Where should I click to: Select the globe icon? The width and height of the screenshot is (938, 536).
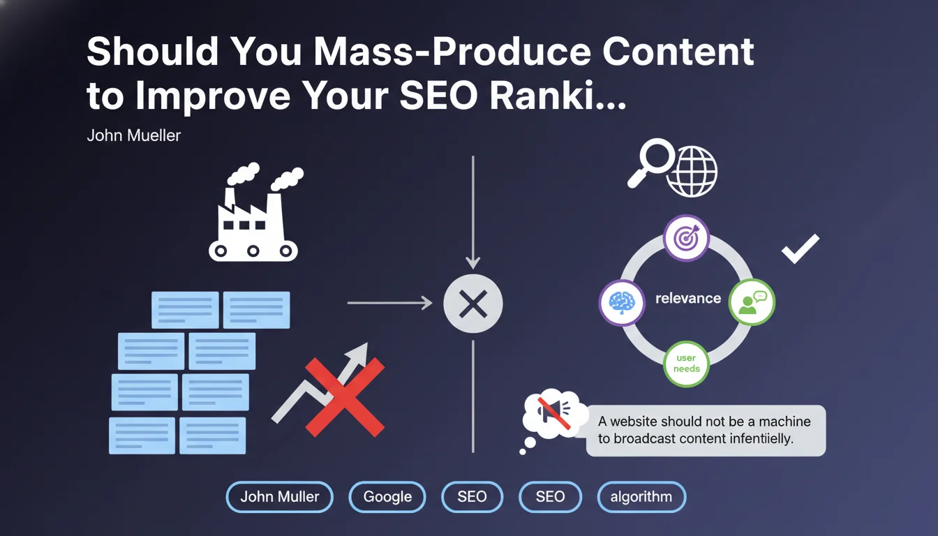click(692, 171)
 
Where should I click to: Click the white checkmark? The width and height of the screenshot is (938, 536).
click(801, 248)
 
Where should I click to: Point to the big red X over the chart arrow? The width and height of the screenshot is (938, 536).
click(345, 397)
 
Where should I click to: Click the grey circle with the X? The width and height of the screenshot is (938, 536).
click(473, 304)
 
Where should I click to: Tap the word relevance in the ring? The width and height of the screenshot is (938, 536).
click(688, 298)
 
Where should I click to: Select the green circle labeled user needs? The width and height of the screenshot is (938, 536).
click(686, 364)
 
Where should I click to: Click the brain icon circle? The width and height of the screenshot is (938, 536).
click(622, 302)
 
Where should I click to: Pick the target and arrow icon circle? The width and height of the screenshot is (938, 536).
click(686, 238)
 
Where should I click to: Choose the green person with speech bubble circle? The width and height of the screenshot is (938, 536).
click(752, 302)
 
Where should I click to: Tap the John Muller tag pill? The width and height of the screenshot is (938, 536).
click(280, 497)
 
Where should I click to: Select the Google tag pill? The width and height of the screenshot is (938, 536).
click(387, 497)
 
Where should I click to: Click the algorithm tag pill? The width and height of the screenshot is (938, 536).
click(641, 497)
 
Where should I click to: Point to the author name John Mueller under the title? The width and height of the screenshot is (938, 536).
click(133, 135)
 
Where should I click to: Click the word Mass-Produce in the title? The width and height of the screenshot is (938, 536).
click(452, 52)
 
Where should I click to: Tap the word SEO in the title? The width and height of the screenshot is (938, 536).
click(439, 96)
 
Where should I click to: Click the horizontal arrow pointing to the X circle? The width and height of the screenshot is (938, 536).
click(390, 303)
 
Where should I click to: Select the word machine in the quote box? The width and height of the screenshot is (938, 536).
click(784, 422)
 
